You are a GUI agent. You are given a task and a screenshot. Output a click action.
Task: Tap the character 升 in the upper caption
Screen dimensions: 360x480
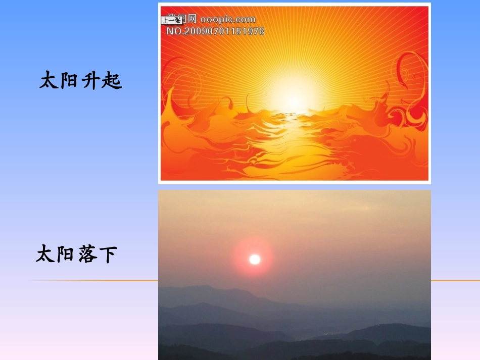(91, 81)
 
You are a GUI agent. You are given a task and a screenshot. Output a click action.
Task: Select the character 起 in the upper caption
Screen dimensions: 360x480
(112, 81)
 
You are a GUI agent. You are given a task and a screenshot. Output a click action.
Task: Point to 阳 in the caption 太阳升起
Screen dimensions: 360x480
(70, 81)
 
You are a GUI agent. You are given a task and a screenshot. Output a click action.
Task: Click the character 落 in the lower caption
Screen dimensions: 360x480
(87, 254)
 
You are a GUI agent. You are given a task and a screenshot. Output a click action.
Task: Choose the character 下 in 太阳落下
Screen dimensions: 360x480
(108, 254)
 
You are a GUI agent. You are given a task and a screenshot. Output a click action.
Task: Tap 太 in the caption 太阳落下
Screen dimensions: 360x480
(45, 254)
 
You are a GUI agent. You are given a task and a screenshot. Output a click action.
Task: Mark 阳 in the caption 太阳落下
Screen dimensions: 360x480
(66, 254)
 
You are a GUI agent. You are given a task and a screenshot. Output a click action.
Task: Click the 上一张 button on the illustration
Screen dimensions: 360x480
(171, 21)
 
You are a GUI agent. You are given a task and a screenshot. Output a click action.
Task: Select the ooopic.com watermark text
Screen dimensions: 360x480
(227, 20)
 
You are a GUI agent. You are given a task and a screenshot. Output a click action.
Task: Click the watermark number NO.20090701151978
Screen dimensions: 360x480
(215, 31)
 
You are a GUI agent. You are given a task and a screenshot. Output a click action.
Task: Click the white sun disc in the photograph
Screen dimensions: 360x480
(255, 260)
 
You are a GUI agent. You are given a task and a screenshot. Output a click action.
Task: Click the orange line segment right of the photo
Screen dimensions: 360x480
(455, 281)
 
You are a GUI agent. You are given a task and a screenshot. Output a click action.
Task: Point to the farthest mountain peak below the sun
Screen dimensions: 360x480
(205, 288)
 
